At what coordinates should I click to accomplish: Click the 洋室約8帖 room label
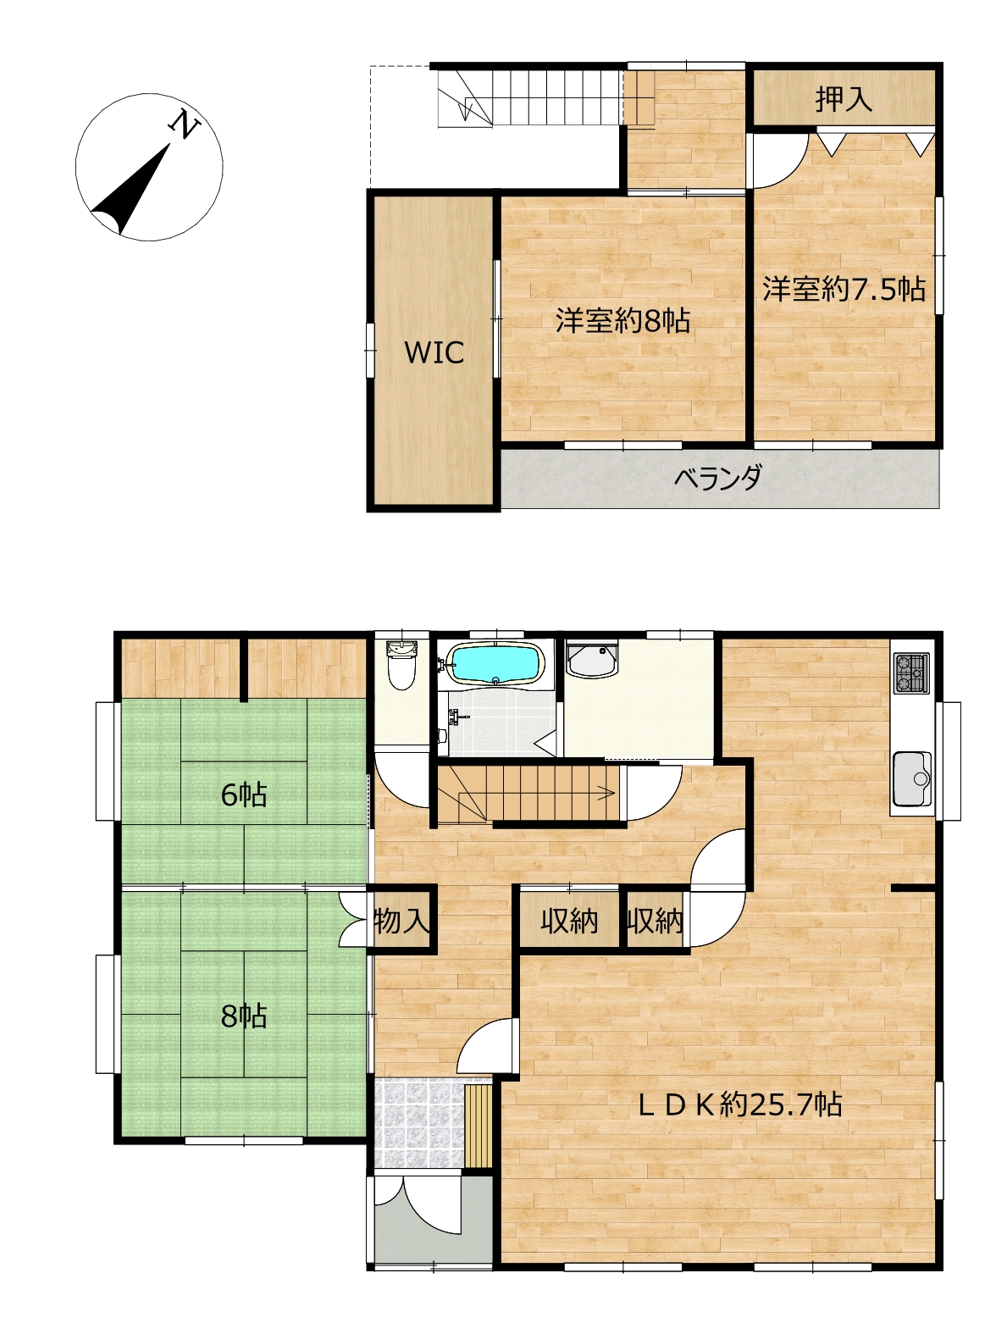tap(622, 320)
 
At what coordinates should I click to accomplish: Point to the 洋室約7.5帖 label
tap(844, 289)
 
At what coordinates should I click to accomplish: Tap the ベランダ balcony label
tap(717, 477)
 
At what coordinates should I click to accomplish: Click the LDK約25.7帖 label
tap(739, 1104)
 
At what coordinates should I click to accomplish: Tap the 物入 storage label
tap(401, 921)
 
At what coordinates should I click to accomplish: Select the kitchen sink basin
tap(911, 778)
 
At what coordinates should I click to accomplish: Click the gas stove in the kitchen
tap(911, 673)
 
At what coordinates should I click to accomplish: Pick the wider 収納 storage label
tap(569, 922)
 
